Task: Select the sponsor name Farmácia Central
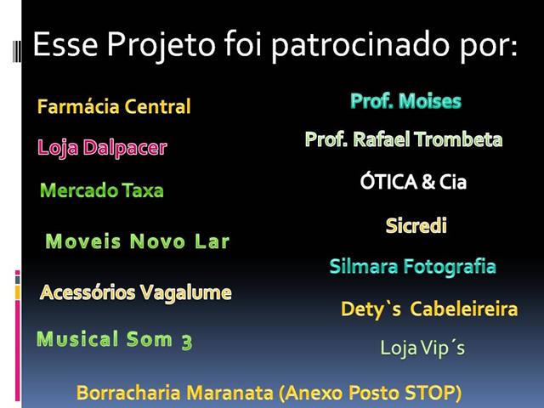pyautogui.click(x=114, y=106)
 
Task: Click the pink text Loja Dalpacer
pyautogui.click(x=102, y=148)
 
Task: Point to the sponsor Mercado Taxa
pyautogui.click(x=102, y=190)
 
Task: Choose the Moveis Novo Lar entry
pyautogui.click(x=138, y=241)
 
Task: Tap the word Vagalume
pyautogui.click(x=186, y=293)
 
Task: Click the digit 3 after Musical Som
pyautogui.click(x=187, y=342)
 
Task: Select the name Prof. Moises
pyautogui.click(x=405, y=101)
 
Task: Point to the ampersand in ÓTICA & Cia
pyautogui.click(x=428, y=182)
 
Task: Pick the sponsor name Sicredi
pyautogui.click(x=416, y=225)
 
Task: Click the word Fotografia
pyautogui.click(x=450, y=267)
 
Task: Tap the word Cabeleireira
pyautogui.click(x=464, y=309)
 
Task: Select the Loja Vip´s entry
pyautogui.click(x=422, y=348)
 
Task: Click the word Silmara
pyautogui.click(x=363, y=267)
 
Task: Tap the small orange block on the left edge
pyautogui.click(x=17, y=292)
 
